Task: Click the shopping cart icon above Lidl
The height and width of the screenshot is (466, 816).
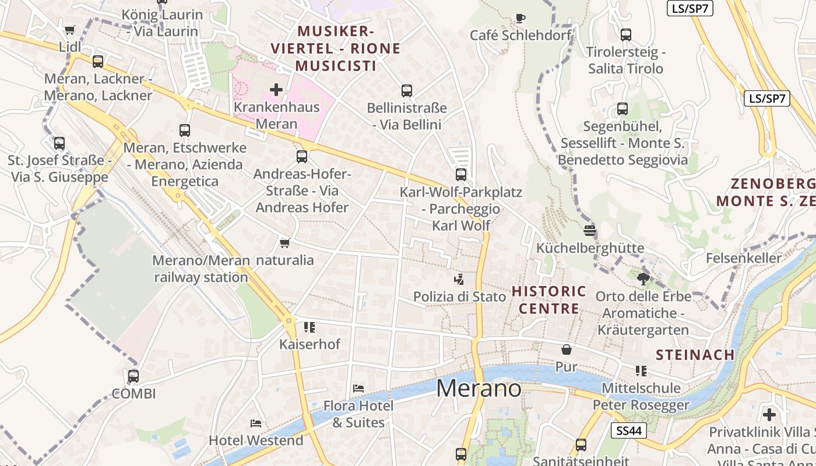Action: pyautogui.click(x=70, y=30)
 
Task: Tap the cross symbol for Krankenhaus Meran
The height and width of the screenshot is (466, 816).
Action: pyautogui.click(x=276, y=90)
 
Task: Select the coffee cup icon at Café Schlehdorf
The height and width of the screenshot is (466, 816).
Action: pyautogui.click(x=520, y=19)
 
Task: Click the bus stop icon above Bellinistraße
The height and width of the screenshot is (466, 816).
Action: pyautogui.click(x=407, y=91)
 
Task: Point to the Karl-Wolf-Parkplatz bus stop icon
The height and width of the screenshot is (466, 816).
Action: pyautogui.click(x=461, y=174)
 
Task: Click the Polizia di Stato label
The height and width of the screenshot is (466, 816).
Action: pyautogui.click(x=459, y=296)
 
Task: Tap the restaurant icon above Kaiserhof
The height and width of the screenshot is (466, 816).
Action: pyautogui.click(x=309, y=327)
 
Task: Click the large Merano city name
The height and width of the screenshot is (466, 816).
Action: pyautogui.click(x=479, y=388)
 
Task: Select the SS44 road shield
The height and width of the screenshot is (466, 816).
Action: pyautogui.click(x=629, y=430)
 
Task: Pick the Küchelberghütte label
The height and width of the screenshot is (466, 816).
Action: pyautogui.click(x=590, y=248)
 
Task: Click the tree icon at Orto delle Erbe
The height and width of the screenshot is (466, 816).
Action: pyautogui.click(x=643, y=279)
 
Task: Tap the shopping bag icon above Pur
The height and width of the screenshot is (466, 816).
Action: pyautogui.click(x=566, y=349)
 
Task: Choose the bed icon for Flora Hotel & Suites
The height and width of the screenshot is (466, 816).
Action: pyautogui.click(x=358, y=389)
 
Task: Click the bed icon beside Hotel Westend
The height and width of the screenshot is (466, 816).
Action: pyautogui.click(x=255, y=423)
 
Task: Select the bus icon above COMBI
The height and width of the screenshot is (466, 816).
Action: pyautogui.click(x=133, y=376)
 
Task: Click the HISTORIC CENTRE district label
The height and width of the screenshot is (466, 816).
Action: pyautogui.click(x=549, y=299)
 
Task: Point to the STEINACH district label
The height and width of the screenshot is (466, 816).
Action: pyautogui.click(x=695, y=355)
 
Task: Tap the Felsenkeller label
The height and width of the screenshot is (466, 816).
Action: pyautogui.click(x=743, y=257)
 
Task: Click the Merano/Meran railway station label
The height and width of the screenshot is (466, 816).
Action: pyautogui.click(x=201, y=269)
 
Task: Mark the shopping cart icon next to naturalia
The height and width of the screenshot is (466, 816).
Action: pyautogui.click(x=284, y=243)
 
